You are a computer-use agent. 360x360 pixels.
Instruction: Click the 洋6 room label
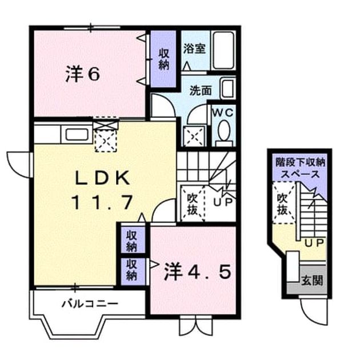[x=83, y=74]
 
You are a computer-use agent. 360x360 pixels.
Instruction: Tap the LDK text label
[x=103, y=178]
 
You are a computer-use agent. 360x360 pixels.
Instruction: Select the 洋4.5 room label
[x=198, y=272]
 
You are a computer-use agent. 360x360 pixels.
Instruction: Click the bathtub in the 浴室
[x=223, y=50]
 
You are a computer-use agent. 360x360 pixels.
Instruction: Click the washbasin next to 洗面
[x=228, y=89]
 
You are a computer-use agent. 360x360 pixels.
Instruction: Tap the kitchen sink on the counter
[x=77, y=134]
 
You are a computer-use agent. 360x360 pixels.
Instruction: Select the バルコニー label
[x=90, y=304]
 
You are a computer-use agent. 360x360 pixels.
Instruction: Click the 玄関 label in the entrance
[x=313, y=280]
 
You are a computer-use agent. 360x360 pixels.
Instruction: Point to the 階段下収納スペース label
[x=301, y=169]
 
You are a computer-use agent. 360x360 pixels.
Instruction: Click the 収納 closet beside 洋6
[x=163, y=59]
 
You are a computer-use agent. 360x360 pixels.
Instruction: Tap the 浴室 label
[x=194, y=49]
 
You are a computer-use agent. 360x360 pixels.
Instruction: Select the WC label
[x=222, y=113]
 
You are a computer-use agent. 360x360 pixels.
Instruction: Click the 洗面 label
[x=201, y=91]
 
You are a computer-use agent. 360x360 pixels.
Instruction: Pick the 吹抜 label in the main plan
[x=193, y=203]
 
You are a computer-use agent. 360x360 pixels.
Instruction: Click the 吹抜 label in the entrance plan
[x=283, y=203]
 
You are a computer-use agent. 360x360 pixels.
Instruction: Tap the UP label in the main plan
[x=223, y=202]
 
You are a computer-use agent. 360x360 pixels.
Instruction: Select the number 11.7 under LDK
[x=102, y=202]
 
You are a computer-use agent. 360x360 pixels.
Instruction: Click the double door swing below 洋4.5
[x=196, y=326]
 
